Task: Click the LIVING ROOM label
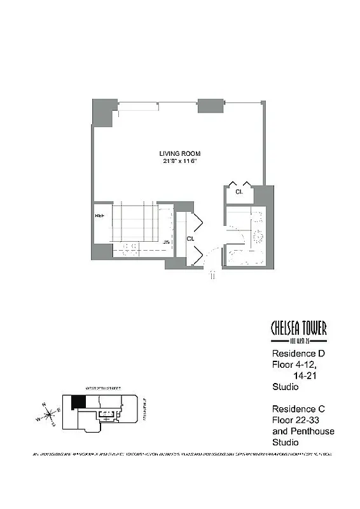180,153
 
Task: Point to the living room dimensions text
180,162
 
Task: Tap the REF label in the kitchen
100,216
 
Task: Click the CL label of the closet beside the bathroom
239,191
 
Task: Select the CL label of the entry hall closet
190,239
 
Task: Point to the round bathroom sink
259,236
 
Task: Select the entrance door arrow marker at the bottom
214,275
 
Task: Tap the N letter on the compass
43,405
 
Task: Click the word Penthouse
312,431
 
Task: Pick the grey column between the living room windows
210,106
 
